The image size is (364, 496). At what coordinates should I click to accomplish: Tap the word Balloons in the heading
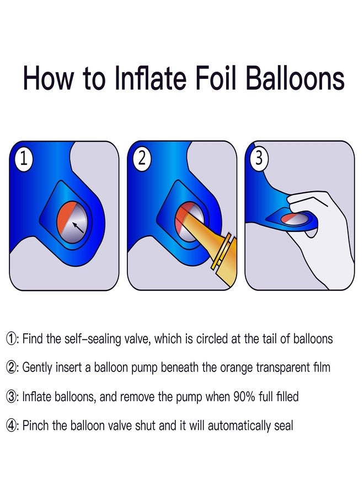coord(295,78)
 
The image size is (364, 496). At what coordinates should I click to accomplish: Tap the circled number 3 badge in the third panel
coord(259,158)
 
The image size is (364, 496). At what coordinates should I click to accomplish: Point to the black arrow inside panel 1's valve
coord(78,228)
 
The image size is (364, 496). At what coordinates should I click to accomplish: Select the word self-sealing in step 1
coord(93,339)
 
